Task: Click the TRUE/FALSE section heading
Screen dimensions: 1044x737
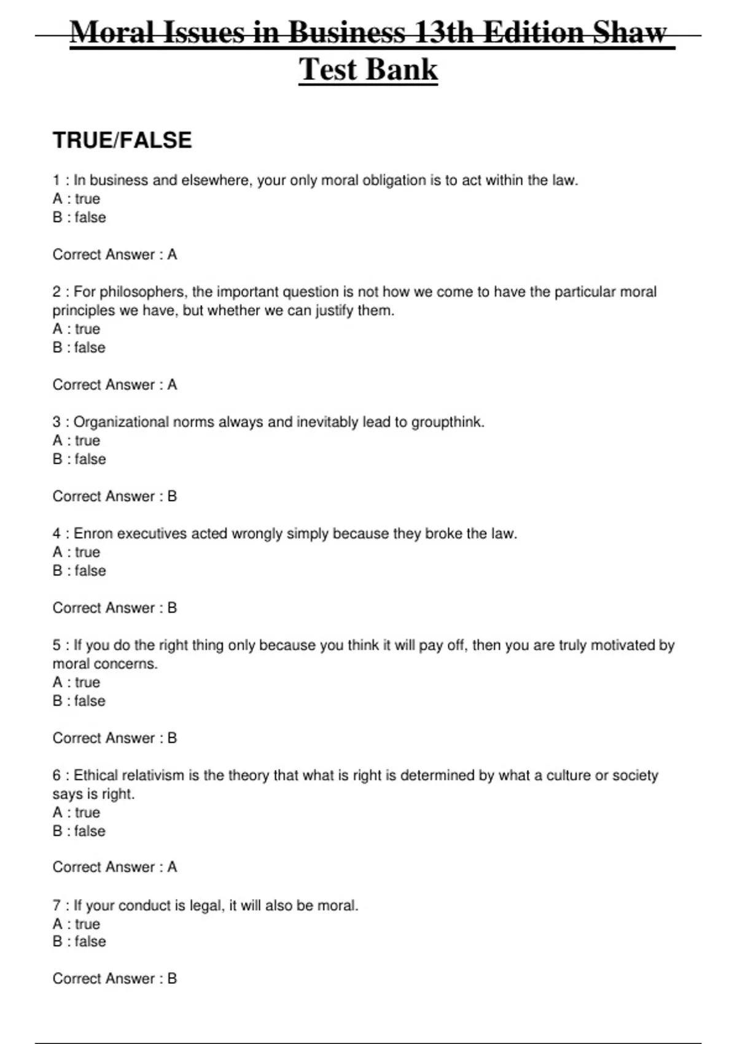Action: [122, 141]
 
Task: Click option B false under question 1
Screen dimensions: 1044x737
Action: [79, 217]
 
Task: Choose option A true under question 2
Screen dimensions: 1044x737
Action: [76, 329]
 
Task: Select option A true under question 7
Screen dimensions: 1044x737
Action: [76, 924]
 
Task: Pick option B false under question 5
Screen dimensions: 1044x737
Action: [79, 701]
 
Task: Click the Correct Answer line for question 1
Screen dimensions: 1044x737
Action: [115, 254]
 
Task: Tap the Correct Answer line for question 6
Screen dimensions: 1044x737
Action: [115, 867]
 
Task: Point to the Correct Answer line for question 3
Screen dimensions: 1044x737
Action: [115, 496]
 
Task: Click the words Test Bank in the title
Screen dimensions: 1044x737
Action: [368, 69]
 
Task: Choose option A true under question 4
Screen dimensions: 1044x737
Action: [76, 552]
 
